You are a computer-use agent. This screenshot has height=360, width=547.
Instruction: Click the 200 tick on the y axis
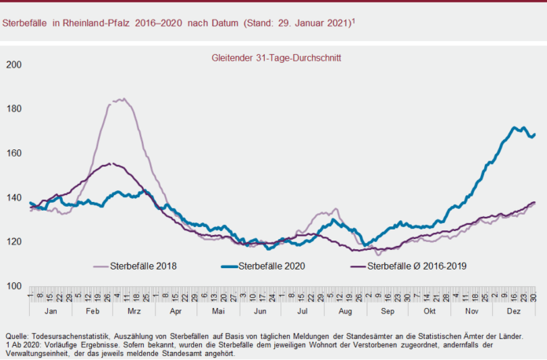(x=13, y=64)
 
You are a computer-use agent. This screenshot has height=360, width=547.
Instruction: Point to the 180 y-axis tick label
(x=13, y=108)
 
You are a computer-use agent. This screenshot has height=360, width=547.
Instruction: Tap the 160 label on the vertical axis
(x=13, y=152)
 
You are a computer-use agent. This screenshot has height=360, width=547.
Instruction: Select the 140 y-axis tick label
(x=13, y=197)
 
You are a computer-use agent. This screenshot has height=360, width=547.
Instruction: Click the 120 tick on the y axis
(x=13, y=241)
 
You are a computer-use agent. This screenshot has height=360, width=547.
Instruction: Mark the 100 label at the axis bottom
(x=13, y=285)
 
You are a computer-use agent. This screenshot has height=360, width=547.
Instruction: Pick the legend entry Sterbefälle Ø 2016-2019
(x=417, y=266)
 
